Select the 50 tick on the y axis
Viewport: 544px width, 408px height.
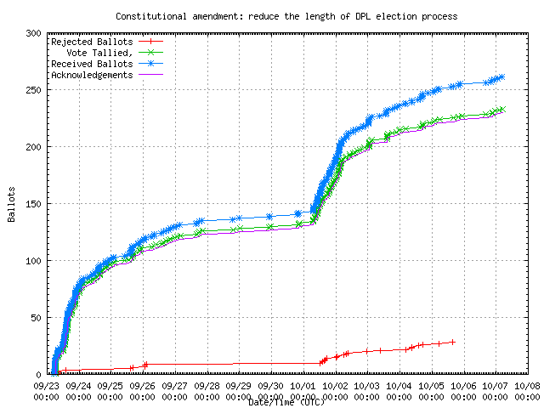(37, 318)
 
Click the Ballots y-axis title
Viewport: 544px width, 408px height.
(12, 204)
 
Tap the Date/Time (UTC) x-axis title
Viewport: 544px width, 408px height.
(286, 402)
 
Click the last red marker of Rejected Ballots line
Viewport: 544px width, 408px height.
(453, 342)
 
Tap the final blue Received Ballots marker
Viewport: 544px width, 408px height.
(501, 76)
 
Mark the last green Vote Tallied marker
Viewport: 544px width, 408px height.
(501, 109)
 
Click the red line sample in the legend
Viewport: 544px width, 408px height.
(149, 42)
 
